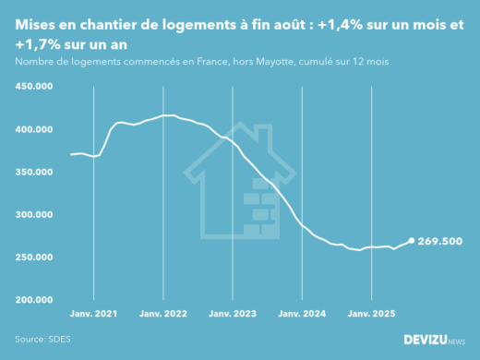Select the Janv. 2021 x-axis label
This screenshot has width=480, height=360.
[94, 315]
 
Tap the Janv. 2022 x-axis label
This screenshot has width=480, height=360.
[163, 315]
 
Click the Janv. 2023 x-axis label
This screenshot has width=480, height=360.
[233, 315]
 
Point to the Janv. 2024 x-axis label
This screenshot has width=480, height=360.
[302, 315]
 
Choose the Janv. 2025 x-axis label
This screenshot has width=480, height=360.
[371, 315]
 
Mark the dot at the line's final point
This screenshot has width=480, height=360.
[412, 241]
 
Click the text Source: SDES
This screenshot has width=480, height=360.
[42, 339]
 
